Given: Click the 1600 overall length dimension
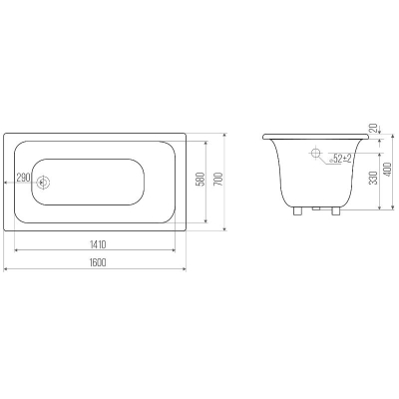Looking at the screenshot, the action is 98,262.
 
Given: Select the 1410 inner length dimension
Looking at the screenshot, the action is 98,244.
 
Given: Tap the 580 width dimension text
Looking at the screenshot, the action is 200,181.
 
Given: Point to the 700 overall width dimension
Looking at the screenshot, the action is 219,181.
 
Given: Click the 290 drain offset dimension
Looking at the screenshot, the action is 23,178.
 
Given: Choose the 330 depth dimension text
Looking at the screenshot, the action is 373,179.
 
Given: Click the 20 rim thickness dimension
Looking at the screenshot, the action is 374,128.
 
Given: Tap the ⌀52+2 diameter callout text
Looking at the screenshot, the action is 340,159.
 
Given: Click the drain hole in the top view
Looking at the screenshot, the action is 43,183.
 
